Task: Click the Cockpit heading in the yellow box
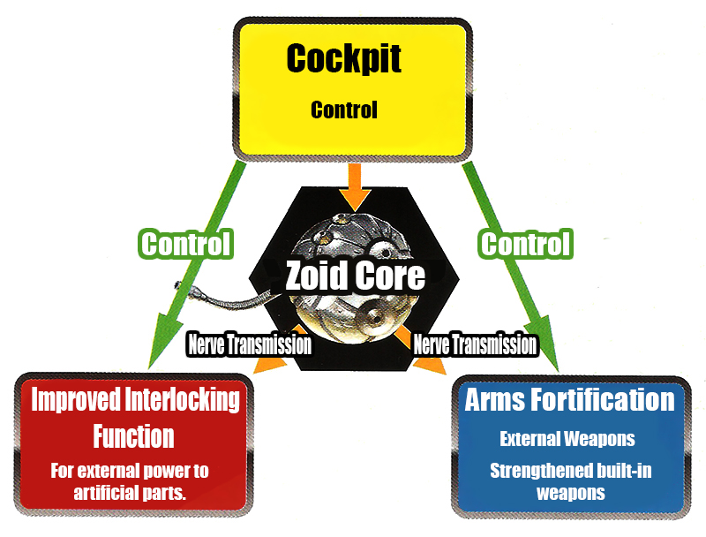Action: [x=344, y=59]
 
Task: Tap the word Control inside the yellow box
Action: [x=344, y=110]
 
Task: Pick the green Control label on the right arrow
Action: [x=525, y=243]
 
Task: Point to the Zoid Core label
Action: [x=355, y=276]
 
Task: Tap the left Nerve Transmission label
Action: [x=249, y=344]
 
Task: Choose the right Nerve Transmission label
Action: [x=475, y=344]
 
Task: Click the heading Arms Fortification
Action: [x=569, y=400]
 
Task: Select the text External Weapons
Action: [x=567, y=439]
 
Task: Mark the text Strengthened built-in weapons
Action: [x=569, y=481]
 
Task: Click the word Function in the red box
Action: [x=133, y=435]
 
